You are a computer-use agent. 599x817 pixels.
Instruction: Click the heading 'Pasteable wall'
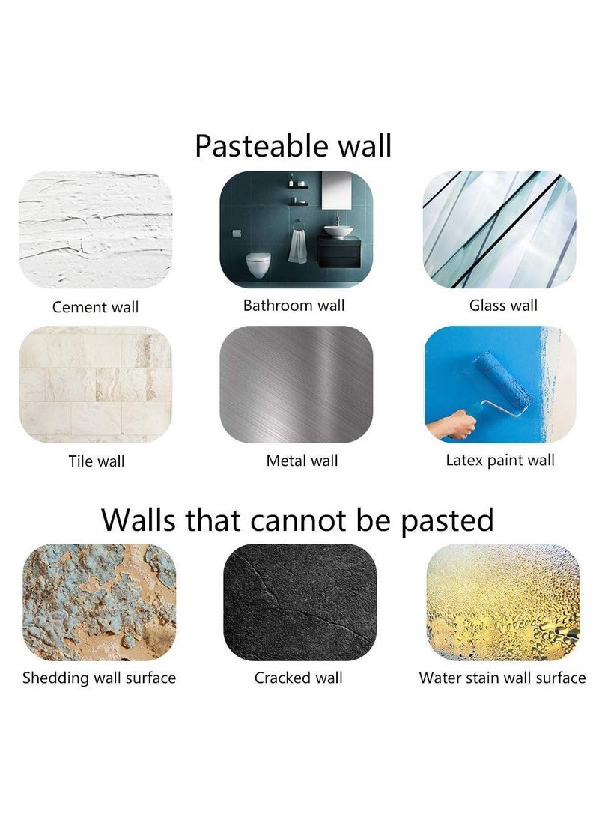click(x=293, y=145)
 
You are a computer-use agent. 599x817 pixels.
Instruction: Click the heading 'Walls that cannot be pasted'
click(x=297, y=520)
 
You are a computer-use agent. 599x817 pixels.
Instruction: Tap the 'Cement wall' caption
click(x=95, y=307)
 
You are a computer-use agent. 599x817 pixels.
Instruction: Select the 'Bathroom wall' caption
click(x=294, y=305)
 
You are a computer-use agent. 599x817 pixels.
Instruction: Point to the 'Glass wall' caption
click(x=503, y=305)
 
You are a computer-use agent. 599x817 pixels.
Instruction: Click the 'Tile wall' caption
click(x=97, y=461)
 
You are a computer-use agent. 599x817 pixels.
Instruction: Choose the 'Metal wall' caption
click(x=302, y=460)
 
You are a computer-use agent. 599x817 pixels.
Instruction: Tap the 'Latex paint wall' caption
click(x=500, y=460)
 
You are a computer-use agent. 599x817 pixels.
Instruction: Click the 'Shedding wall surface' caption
click(x=99, y=678)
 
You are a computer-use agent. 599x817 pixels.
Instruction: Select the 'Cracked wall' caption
click(x=299, y=678)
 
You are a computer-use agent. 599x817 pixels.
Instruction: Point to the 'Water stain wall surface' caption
click(x=502, y=678)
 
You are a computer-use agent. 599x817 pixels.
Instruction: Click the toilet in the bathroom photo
click(x=258, y=264)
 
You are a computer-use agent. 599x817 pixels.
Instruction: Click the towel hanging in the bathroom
click(x=297, y=246)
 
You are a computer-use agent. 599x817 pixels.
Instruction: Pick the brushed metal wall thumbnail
click(x=297, y=384)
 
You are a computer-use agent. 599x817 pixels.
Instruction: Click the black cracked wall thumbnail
click(x=300, y=602)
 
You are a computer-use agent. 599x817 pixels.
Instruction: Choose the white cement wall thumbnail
click(x=95, y=230)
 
